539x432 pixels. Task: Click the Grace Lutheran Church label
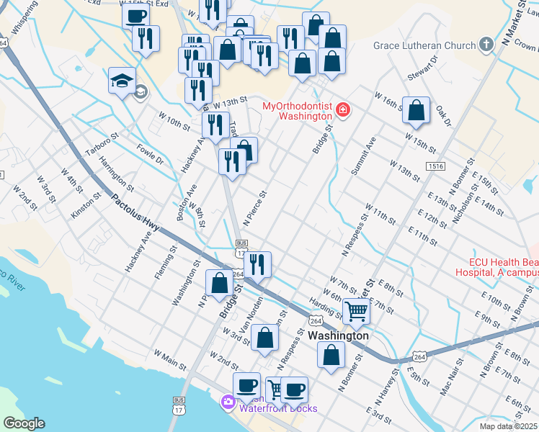pyautogui.click(x=424, y=46)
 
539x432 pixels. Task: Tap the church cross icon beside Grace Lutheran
pyautogui.click(x=486, y=45)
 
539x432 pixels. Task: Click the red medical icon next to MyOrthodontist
pyautogui.click(x=343, y=111)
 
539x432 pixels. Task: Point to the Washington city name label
pyautogui.click(x=338, y=336)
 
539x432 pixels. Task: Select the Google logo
pyautogui.click(x=24, y=423)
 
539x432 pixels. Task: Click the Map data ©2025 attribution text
pyautogui.click(x=508, y=426)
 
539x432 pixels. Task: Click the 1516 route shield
pyautogui.click(x=435, y=166)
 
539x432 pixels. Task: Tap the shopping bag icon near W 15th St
pyautogui.click(x=416, y=110)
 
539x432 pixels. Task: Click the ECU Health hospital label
pyautogui.click(x=497, y=267)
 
